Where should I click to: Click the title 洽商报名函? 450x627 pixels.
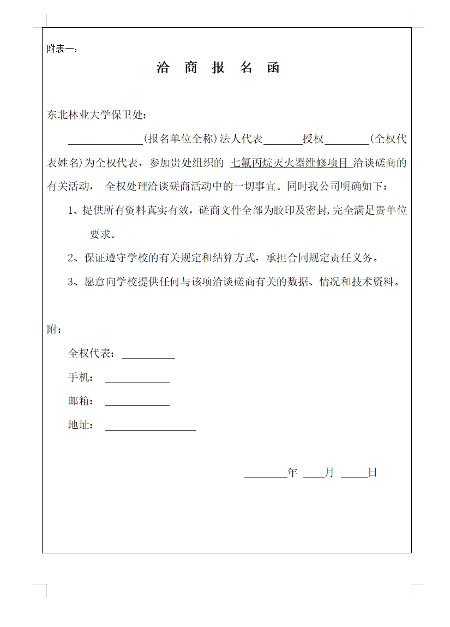pos(218,68)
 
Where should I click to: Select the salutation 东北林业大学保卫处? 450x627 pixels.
pos(97,115)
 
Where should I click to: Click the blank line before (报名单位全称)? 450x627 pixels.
pos(105,140)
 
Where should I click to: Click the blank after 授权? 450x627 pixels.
pos(346,140)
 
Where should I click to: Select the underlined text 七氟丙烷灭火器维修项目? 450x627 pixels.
pos(290,163)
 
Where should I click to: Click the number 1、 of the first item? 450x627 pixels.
pos(74,211)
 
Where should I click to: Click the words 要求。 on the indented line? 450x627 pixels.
pos(102,235)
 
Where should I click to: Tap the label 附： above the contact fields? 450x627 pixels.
pos(54,330)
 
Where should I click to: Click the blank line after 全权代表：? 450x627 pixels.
pos(148,355)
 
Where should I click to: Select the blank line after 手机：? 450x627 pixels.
pos(137,379)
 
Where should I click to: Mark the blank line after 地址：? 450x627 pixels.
pos(151,427)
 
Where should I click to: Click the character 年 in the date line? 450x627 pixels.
pos(292,473)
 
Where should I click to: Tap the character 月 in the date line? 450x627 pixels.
pos(329,473)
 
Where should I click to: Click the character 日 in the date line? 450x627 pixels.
pos(373,473)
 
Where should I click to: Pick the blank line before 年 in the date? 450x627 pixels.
pos(265,474)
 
